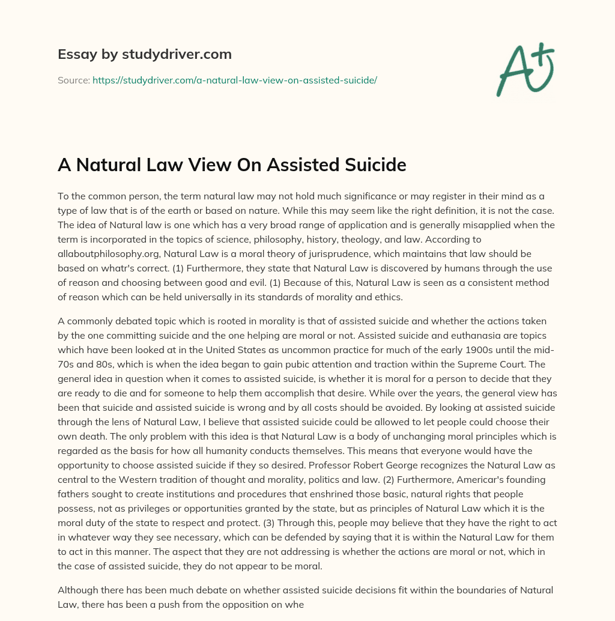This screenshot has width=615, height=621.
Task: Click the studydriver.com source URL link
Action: tap(234, 80)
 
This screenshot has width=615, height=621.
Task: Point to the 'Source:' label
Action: tap(73, 80)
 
